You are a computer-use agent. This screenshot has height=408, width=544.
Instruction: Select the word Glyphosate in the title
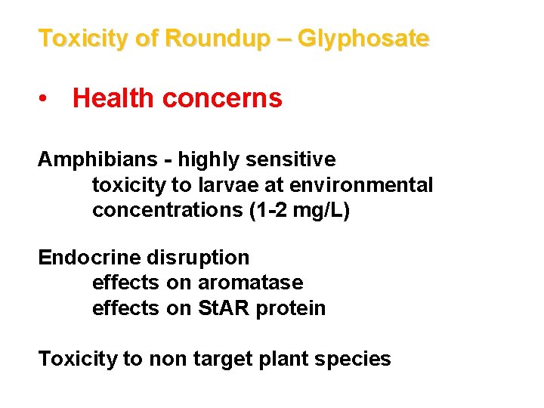click(x=363, y=38)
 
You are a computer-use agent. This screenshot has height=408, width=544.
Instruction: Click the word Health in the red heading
click(x=113, y=98)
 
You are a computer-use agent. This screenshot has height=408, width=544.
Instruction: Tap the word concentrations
click(x=167, y=210)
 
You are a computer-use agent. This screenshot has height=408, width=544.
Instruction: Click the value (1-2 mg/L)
click(x=299, y=210)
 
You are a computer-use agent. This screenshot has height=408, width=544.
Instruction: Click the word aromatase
click(x=250, y=283)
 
